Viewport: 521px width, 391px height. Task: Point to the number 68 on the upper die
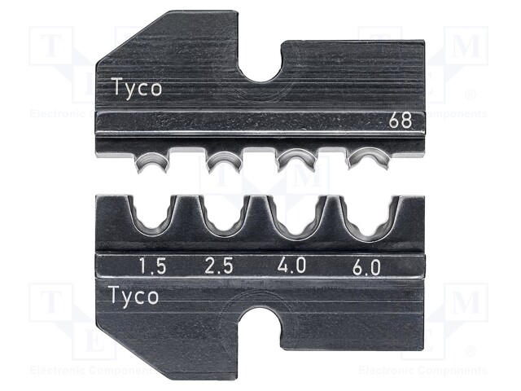(399, 123)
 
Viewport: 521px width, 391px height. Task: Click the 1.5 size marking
(147, 266)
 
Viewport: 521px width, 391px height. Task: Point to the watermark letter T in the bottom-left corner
(50, 305)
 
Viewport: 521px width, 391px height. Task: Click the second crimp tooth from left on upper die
(221, 160)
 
